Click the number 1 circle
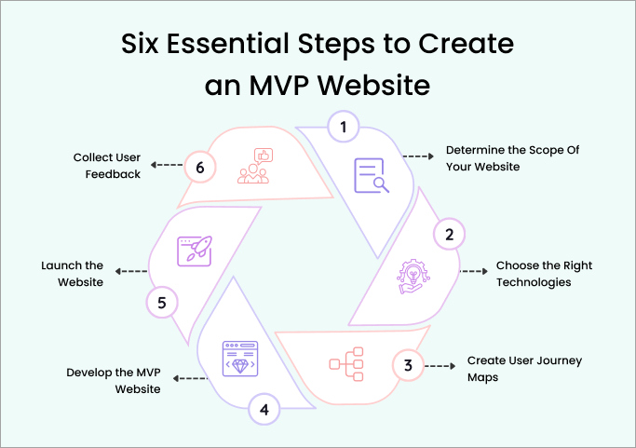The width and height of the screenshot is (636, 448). coord(344,127)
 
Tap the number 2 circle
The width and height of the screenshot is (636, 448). coord(449,234)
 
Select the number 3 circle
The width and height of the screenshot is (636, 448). coord(408,365)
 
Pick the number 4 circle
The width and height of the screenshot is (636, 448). coord(264,410)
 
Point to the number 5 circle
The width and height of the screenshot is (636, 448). coord(162,303)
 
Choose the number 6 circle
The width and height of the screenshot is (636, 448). coord(200,168)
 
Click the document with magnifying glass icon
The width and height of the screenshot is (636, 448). coord(372,175)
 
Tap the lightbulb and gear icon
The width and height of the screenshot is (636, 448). coord(413,277)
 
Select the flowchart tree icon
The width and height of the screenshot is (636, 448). coord(346,364)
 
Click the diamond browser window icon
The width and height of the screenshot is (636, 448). coord(240,359)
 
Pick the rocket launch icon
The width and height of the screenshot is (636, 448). coord(195,251)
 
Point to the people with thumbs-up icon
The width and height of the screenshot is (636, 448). coord(255,166)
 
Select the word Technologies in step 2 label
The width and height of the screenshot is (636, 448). coord(534,282)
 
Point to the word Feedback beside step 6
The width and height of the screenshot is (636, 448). coord(113,174)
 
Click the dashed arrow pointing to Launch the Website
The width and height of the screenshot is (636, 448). coord(131,271)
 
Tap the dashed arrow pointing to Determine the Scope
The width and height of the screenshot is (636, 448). coord(418,156)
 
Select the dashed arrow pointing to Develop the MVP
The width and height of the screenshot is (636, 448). coord(190,378)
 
